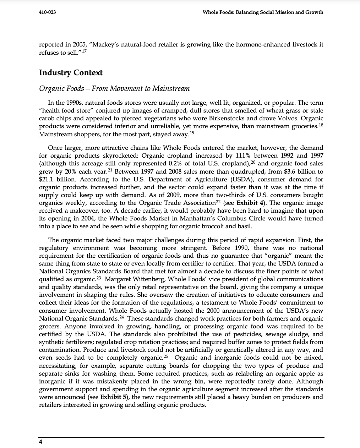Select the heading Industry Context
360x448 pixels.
[71, 73]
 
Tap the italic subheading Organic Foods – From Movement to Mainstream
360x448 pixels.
[114, 89]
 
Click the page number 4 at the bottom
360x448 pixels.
[40, 442]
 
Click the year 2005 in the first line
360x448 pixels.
[82, 45]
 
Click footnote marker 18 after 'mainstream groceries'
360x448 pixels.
[320, 125]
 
